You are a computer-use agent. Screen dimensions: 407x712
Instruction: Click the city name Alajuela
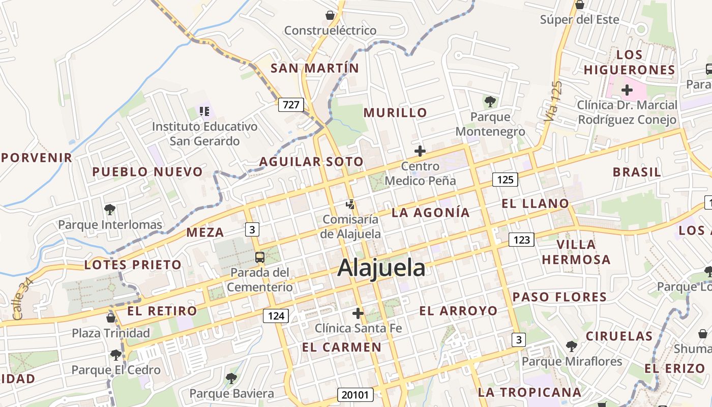pos(381,268)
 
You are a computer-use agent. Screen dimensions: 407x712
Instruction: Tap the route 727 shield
pos(291,105)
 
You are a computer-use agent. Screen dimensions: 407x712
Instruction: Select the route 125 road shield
pos(505,179)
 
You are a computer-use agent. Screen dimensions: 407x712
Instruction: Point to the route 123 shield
pos(522,239)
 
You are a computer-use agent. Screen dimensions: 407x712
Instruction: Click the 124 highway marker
pos(276,315)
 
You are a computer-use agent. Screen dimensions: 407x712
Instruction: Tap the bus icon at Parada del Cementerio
pos(260,257)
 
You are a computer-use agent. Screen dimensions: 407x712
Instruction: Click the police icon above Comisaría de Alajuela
pos(350,205)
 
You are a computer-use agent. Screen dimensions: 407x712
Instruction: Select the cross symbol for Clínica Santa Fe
pos(358,313)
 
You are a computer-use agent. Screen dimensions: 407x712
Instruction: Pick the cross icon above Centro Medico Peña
pos(420,151)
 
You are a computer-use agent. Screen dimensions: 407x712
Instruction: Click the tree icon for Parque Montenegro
pos(490,102)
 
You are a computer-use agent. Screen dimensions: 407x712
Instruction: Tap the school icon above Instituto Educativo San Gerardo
pos(204,111)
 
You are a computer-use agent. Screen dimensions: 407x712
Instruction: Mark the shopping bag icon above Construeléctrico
pos(330,15)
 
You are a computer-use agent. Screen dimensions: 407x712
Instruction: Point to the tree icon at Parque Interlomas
pos(109,209)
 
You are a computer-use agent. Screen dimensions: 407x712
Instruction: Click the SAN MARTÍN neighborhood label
pos(315,68)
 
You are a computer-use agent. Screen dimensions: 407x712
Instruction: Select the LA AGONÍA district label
pos(431,213)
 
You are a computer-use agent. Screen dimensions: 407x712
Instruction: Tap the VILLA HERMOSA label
pos(576,252)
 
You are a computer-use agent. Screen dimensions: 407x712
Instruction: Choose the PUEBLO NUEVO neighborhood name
pos(147,172)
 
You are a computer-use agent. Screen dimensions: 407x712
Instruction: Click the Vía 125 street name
pos(553,101)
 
